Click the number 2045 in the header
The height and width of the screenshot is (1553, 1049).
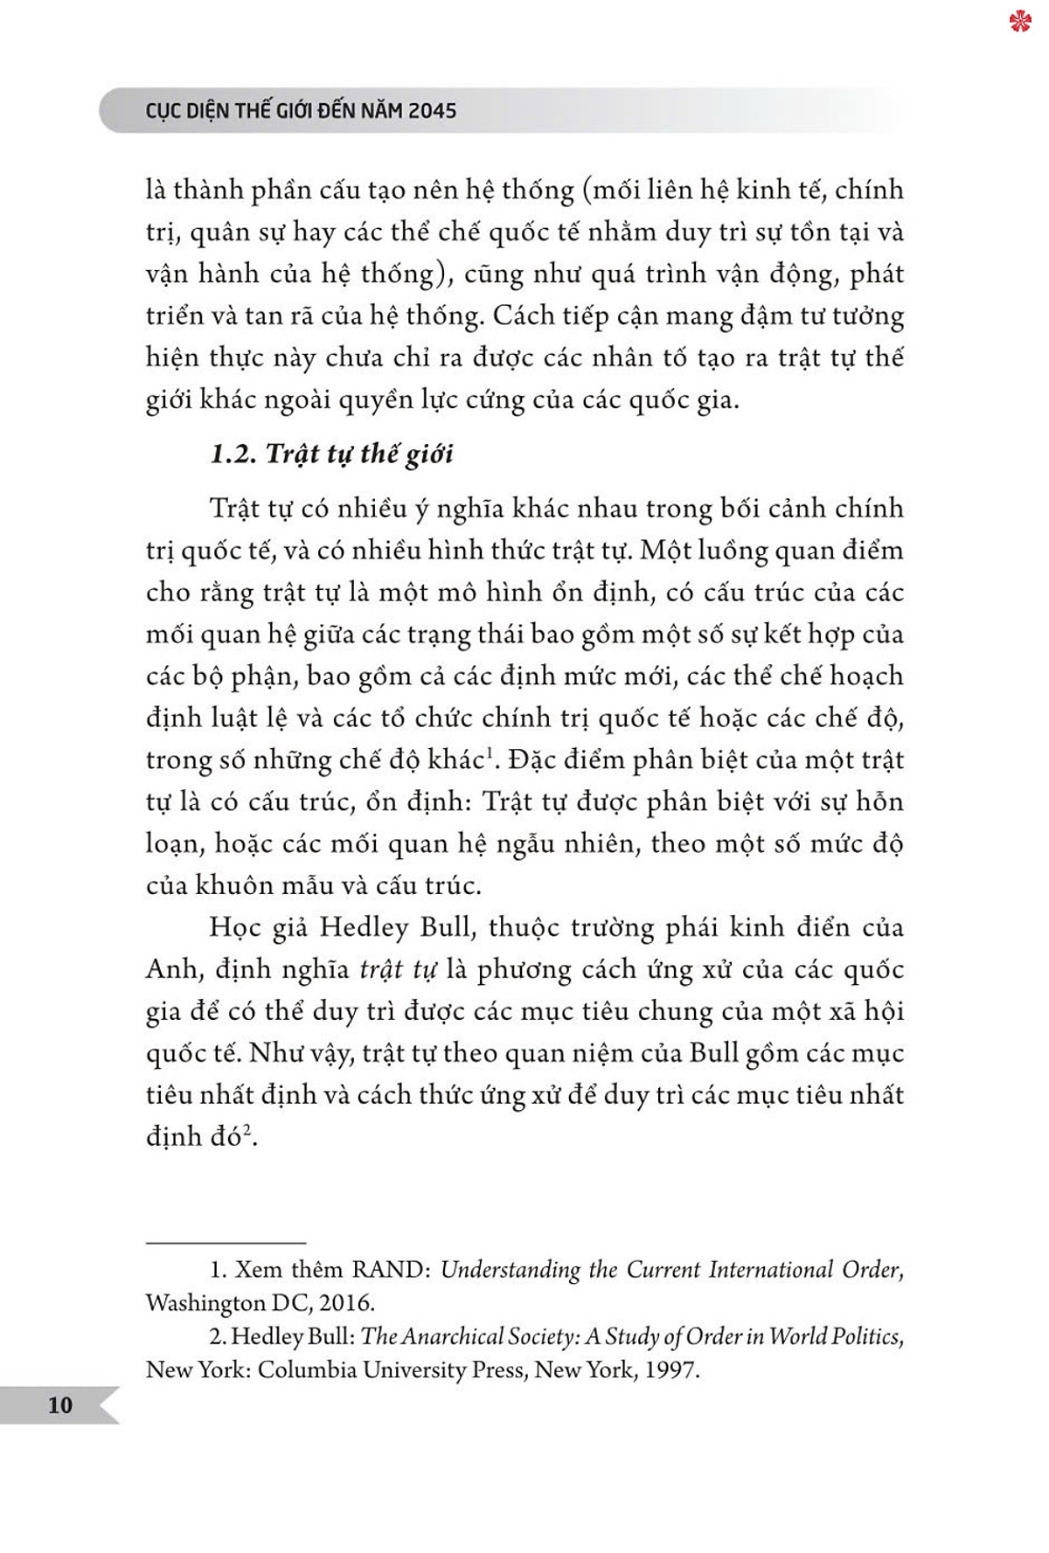click(x=432, y=111)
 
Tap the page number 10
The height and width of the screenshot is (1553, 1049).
click(x=60, y=1404)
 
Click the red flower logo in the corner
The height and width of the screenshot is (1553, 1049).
click(x=1019, y=20)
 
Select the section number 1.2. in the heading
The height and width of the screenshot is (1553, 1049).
click(x=233, y=454)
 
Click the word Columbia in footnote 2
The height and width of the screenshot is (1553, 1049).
click(x=307, y=1369)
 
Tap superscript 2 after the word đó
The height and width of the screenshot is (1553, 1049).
click(x=247, y=1129)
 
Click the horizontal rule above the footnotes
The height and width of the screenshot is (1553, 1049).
click(x=226, y=1243)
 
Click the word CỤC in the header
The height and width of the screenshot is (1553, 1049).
click(x=163, y=111)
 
